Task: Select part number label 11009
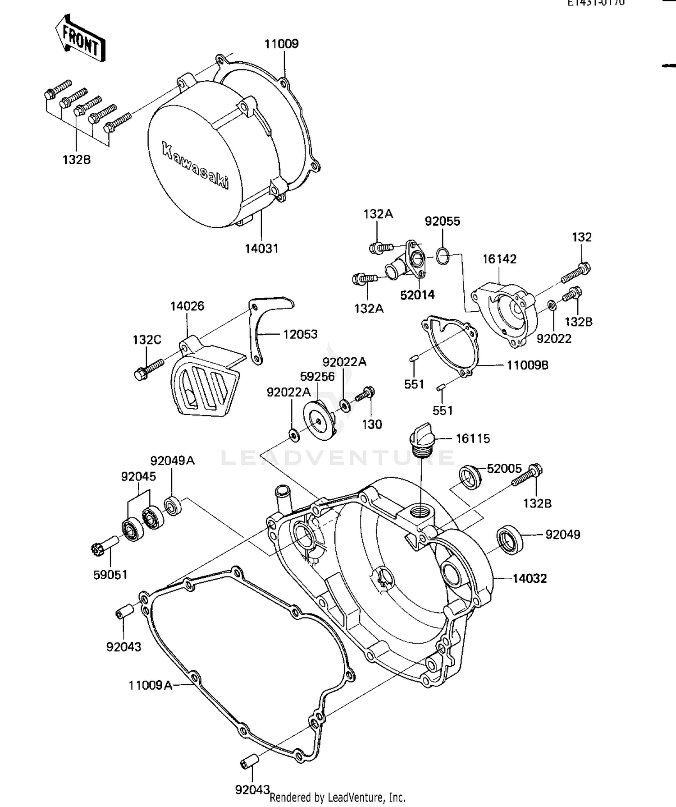pos(281,44)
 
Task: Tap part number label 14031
pos(261,248)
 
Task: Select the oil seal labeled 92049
pos(510,540)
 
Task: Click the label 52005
pos(504,469)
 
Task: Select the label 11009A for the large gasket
pos(151,685)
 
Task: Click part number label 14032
pos(530,578)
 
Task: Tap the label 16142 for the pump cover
pos(499,259)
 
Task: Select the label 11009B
pos(527,365)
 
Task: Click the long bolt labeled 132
pos(576,272)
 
